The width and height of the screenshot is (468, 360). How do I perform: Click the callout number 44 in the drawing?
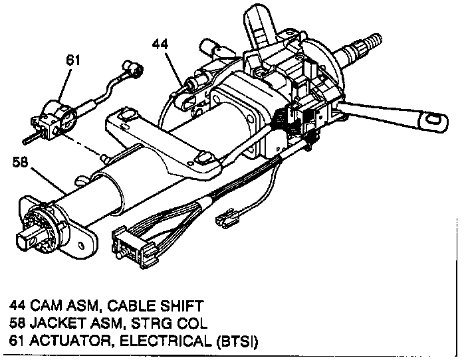tap(160, 44)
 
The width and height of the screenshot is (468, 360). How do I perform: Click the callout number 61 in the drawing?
tap(73, 60)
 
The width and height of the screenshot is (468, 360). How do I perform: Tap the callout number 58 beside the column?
tap(20, 162)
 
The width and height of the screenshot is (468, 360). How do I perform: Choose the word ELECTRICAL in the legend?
tap(166, 341)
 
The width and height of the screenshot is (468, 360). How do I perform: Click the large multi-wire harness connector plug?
tap(134, 247)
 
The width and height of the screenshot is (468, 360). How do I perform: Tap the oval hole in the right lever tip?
tap(433, 120)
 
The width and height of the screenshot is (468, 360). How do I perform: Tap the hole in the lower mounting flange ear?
tap(80, 245)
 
